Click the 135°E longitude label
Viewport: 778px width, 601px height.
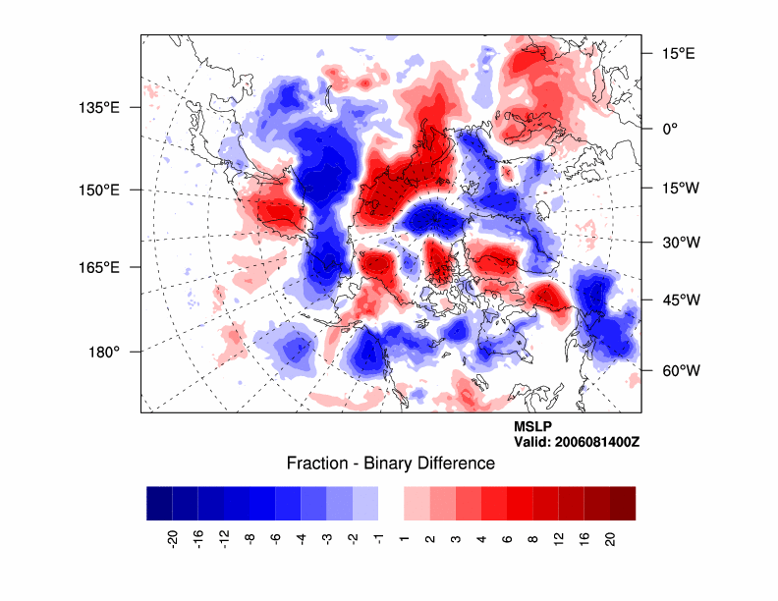tap(99, 107)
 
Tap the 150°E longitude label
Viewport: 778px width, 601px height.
tap(99, 190)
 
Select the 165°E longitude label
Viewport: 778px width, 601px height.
tap(99, 267)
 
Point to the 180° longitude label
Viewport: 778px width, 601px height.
tap(104, 352)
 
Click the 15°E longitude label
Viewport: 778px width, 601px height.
tap(677, 53)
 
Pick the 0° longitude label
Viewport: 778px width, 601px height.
tap(669, 129)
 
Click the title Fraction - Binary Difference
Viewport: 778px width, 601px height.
tap(390, 464)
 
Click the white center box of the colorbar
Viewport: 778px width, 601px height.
tap(391, 503)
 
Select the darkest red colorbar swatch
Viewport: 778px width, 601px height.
tap(622, 503)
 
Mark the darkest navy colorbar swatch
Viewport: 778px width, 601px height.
tap(159, 503)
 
